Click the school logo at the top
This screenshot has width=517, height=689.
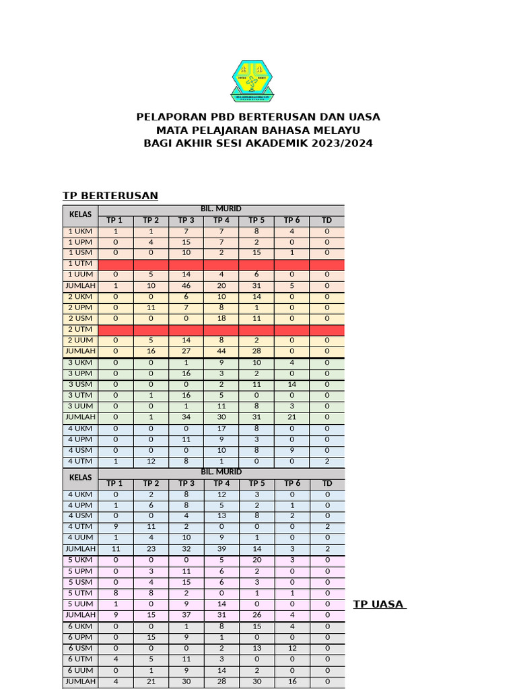[x=253, y=82]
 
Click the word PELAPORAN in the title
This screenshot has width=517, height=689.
[x=165, y=117]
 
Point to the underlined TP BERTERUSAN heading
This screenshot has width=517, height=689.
[x=110, y=196]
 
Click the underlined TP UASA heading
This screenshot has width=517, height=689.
[x=379, y=604]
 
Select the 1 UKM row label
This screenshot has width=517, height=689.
[x=81, y=231]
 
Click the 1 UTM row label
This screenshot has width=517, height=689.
[x=81, y=264]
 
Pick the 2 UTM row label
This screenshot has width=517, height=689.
[x=81, y=330]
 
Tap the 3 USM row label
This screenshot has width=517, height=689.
[x=81, y=384]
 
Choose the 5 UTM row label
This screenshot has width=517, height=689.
[x=81, y=593]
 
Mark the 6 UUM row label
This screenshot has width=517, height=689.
[x=81, y=670]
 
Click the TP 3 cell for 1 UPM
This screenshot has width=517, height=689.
[x=186, y=242]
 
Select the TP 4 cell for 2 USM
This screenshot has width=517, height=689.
[x=221, y=319]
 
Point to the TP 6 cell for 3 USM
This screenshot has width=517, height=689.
[x=291, y=384]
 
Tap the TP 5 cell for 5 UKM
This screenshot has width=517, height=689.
[x=256, y=560]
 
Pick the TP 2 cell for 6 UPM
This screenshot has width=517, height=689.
[x=151, y=637]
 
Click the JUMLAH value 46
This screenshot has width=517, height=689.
[x=186, y=286]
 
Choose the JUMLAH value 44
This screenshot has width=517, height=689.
[x=221, y=351]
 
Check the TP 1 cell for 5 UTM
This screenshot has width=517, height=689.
[x=116, y=593]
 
